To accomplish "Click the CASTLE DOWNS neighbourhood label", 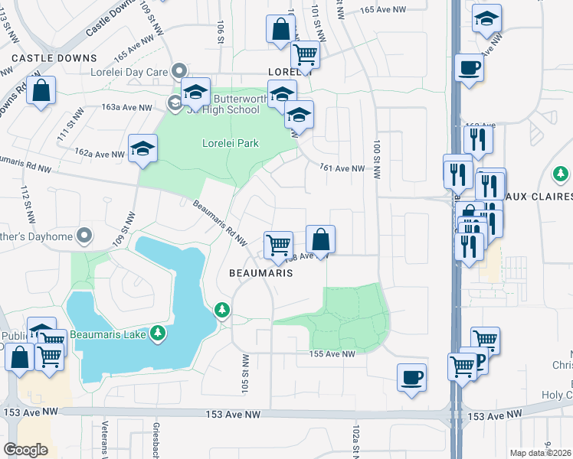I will point(54,58).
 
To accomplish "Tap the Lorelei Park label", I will point(230,143).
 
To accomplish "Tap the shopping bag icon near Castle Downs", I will point(41,90).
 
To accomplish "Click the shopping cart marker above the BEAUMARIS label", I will point(278,246).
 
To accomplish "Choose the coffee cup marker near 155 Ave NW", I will point(412,377).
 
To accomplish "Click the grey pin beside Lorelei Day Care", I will point(180,71).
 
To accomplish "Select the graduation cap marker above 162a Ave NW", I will point(142,148).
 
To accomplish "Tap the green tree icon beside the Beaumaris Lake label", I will point(158,333).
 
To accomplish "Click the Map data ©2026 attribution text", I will point(541,453).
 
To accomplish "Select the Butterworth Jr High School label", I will point(228,104).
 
